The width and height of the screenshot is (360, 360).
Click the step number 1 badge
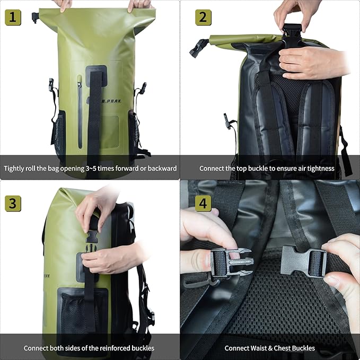(x=13, y=17)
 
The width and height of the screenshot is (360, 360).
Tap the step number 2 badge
(x=203, y=17)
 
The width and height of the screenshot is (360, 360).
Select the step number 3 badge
(x=13, y=203)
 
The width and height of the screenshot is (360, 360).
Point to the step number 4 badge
(x=203, y=203)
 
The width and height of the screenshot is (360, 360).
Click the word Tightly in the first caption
(x=15, y=169)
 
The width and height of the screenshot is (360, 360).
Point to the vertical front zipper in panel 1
(x=80, y=111)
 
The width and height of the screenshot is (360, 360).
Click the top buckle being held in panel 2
(x=292, y=37)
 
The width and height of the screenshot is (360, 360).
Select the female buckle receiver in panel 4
(x=300, y=260)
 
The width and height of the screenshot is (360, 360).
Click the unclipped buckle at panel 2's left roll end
(x=198, y=48)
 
